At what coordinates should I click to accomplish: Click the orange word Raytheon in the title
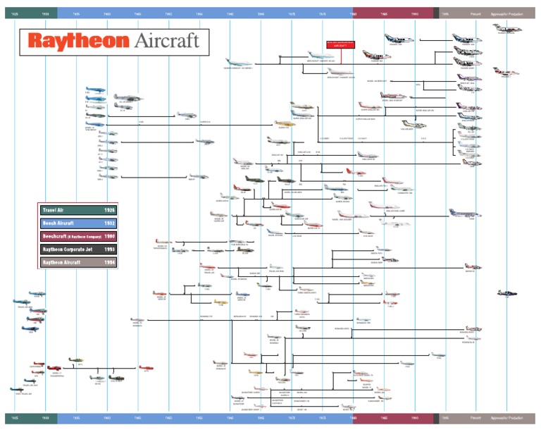click(76, 41)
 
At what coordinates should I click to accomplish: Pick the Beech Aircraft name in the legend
click(58, 223)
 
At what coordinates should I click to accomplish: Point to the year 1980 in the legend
click(109, 235)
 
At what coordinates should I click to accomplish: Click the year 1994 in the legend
click(109, 261)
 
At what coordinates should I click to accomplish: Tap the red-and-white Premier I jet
click(506, 72)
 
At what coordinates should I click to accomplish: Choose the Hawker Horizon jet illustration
click(507, 29)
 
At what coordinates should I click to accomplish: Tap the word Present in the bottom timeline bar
click(475, 418)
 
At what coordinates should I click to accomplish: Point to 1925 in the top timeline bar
click(15, 13)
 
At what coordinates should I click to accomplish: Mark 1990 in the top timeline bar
click(415, 13)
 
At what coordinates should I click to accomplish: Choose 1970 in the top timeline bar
click(292, 13)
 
